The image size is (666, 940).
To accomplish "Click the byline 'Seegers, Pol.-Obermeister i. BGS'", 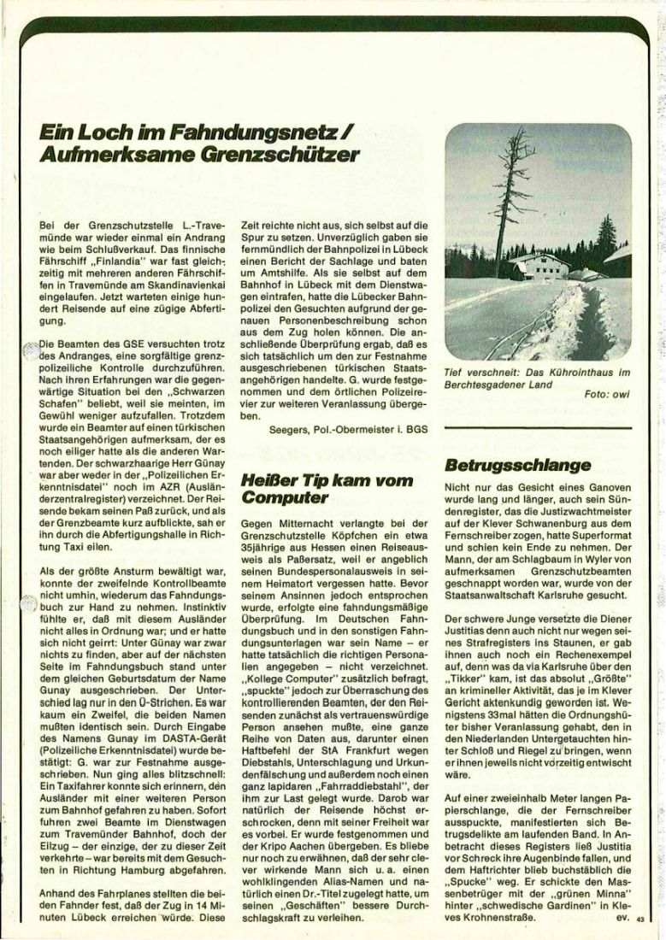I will pos(340,431).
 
